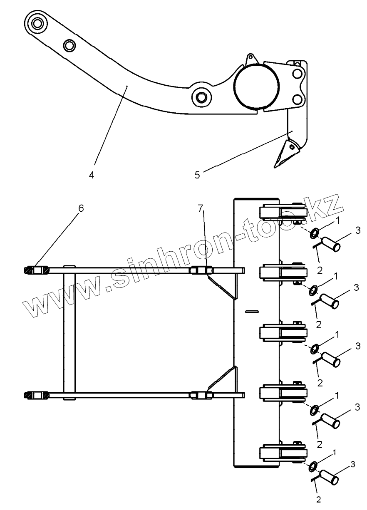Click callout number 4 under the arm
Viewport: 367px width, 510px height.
[91, 175]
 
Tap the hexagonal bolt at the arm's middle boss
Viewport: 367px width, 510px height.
[202, 97]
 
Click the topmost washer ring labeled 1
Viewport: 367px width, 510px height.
[314, 233]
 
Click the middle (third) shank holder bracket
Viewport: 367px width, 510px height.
[283, 332]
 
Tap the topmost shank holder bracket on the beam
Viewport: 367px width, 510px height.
[283, 213]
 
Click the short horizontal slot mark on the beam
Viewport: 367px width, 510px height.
[252, 311]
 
